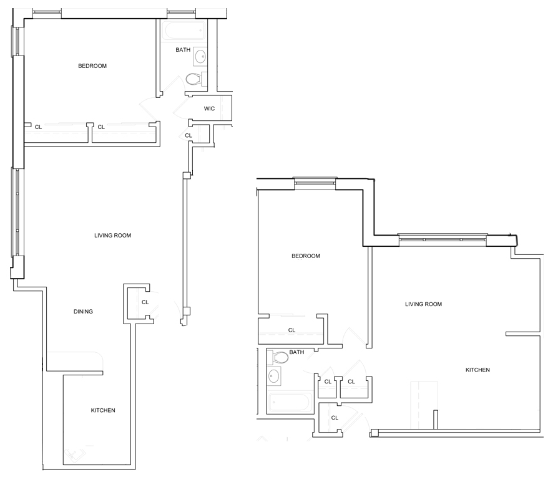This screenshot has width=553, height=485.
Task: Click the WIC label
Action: point(209,108)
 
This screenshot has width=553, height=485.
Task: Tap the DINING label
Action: point(83,311)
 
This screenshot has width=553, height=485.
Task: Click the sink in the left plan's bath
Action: point(200,56)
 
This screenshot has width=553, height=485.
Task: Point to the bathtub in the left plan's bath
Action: point(184,31)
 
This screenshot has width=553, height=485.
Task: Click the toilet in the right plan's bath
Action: point(278,357)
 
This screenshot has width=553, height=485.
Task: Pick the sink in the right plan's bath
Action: point(273,376)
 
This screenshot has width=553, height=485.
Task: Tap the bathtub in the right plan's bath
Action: point(290,402)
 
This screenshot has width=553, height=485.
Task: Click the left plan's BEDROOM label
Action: point(92,66)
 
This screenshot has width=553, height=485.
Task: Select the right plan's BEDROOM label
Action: point(306,256)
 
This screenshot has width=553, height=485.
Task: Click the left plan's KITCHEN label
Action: point(103,410)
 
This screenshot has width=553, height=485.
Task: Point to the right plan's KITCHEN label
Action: point(477,370)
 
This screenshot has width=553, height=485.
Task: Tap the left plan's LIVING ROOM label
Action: point(112,235)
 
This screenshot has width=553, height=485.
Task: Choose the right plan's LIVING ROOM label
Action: point(423,304)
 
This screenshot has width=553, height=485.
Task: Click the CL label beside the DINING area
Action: point(145,302)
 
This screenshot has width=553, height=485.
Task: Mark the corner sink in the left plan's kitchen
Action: point(74,454)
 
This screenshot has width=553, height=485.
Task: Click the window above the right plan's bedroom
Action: point(315,183)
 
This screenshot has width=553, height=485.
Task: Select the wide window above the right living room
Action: point(443,239)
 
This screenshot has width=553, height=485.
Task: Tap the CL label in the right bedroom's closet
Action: point(291,330)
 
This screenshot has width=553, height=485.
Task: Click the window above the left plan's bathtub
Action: point(181,12)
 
